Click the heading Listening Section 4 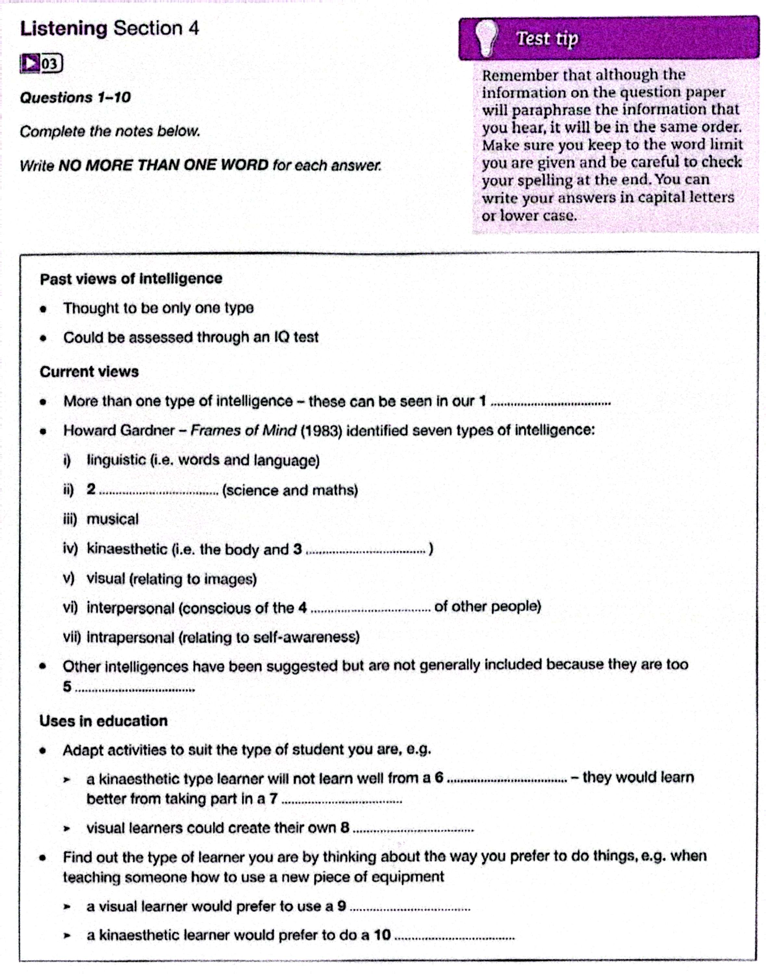click(109, 29)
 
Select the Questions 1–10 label click(75, 98)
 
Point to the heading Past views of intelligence click(131, 279)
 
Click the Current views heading click(89, 372)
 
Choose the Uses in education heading click(104, 721)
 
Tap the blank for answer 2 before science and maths click(158, 493)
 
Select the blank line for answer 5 click(134, 689)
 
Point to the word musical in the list click(113, 519)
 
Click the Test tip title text click(548, 39)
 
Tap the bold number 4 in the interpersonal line click(303, 608)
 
